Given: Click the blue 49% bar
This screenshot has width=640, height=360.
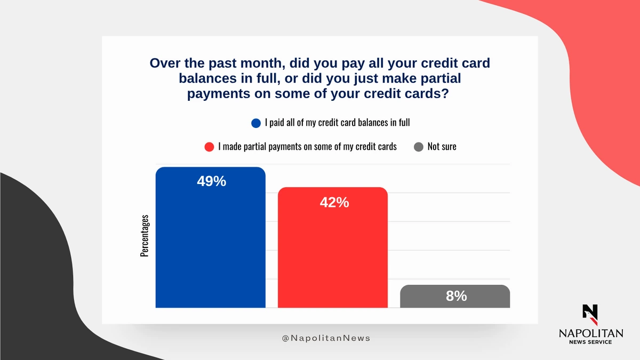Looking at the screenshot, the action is pyautogui.click(x=210, y=237).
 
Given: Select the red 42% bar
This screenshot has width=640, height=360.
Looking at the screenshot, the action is pyautogui.click(x=333, y=247).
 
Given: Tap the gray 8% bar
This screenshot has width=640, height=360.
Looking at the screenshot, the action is pyautogui.click(x=455, y=297).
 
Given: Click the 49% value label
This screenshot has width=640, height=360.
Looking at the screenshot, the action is pyautogui.click(x=211, y=181).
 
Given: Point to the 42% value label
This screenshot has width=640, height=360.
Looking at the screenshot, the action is pyautogui.click(x=334, y=202).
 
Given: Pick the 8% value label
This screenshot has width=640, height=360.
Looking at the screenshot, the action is pyautogui.click(x=457, y=296).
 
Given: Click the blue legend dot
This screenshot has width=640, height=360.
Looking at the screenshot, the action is pyautogui.click(x=256, y=123).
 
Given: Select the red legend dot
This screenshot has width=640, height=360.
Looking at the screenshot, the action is pyautogui.click(x=209, y=147).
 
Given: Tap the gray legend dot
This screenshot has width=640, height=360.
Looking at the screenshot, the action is pyautogui.click(x=419, y=147).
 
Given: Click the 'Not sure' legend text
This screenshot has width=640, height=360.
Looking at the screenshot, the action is pyautogui.click(x=442, y=147).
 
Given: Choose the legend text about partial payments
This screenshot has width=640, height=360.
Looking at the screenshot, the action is pyautogui.click(x=307, y=147).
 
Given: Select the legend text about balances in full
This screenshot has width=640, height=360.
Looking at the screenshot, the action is pyautogui.click(x=338, y=123).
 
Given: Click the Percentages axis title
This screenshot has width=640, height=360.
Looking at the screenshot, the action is pyautogui.click(x=145, y=236).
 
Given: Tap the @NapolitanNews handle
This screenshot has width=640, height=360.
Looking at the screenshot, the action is pyautogui.click(x=326, y=338).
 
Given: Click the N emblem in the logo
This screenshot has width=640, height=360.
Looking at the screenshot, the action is pyautogui.click(x=590, y=315).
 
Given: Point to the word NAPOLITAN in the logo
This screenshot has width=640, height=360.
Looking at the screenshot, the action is pyautogui.click(x=591, y=333).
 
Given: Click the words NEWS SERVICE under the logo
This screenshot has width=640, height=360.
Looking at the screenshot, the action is pyautogui.click(x=590, y=342).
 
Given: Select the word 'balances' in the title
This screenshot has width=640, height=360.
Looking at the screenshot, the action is pyautogui.click(x=207, y=78).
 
